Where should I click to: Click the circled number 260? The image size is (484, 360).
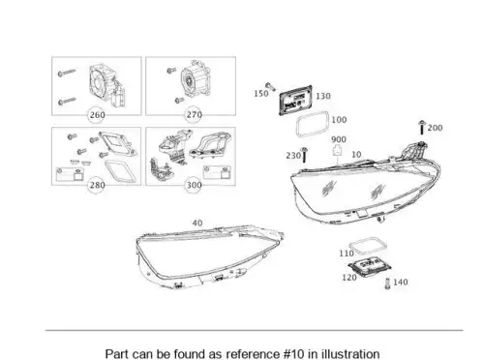pos(97,115)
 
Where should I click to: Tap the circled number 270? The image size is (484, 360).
pos(194,115)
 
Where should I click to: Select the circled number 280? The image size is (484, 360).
pos(97,185)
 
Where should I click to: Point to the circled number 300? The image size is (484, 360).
pos(194,185)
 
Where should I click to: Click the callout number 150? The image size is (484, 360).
pos(261,94)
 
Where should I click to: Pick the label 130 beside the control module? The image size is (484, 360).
pos(323,96)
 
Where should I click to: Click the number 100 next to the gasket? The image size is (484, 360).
pos(339,120)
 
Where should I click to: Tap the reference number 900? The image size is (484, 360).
pos(339,139)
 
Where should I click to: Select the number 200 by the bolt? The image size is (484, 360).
pos(435,128)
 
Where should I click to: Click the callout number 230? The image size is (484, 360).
pos(293,156)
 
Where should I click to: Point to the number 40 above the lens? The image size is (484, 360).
pos(197,224)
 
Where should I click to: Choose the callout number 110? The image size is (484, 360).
pos(347,254)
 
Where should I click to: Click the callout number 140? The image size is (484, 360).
pos(400,283)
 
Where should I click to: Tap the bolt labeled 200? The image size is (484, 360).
pos(422,128)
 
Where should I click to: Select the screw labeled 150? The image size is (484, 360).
pos(270,87)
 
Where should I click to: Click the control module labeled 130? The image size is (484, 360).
pos(295,100)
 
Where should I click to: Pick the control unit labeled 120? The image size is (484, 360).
pos(370,267)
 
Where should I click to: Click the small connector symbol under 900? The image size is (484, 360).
pos(337,150)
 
